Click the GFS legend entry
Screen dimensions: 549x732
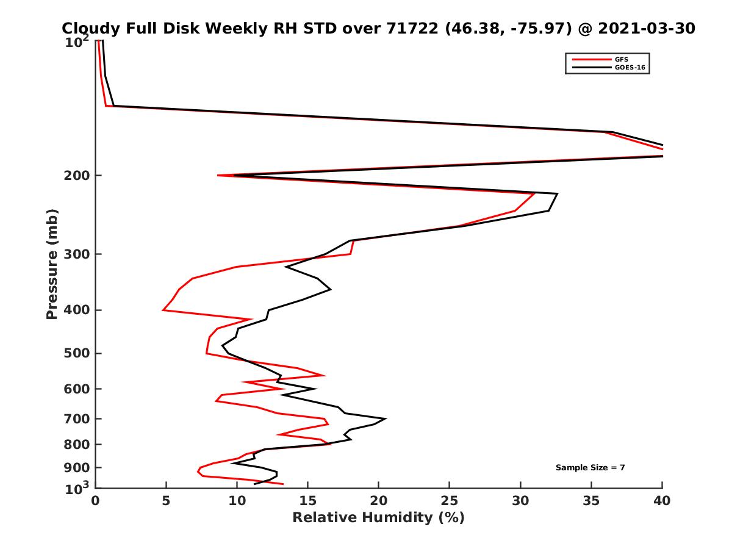click(x=623, y=59)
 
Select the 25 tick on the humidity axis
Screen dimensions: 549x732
click(x=450, y=501)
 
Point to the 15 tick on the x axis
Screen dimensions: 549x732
click(x=308, y=501)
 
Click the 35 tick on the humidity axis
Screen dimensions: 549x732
click(x=591, y=501)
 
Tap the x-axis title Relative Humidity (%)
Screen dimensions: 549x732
click(x=378, y=518)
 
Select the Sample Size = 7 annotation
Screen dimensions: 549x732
click(x=590, y=468)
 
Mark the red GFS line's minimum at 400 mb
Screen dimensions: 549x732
click(x=163, y=310)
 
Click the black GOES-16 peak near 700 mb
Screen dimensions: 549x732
click(x=386, y=419)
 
